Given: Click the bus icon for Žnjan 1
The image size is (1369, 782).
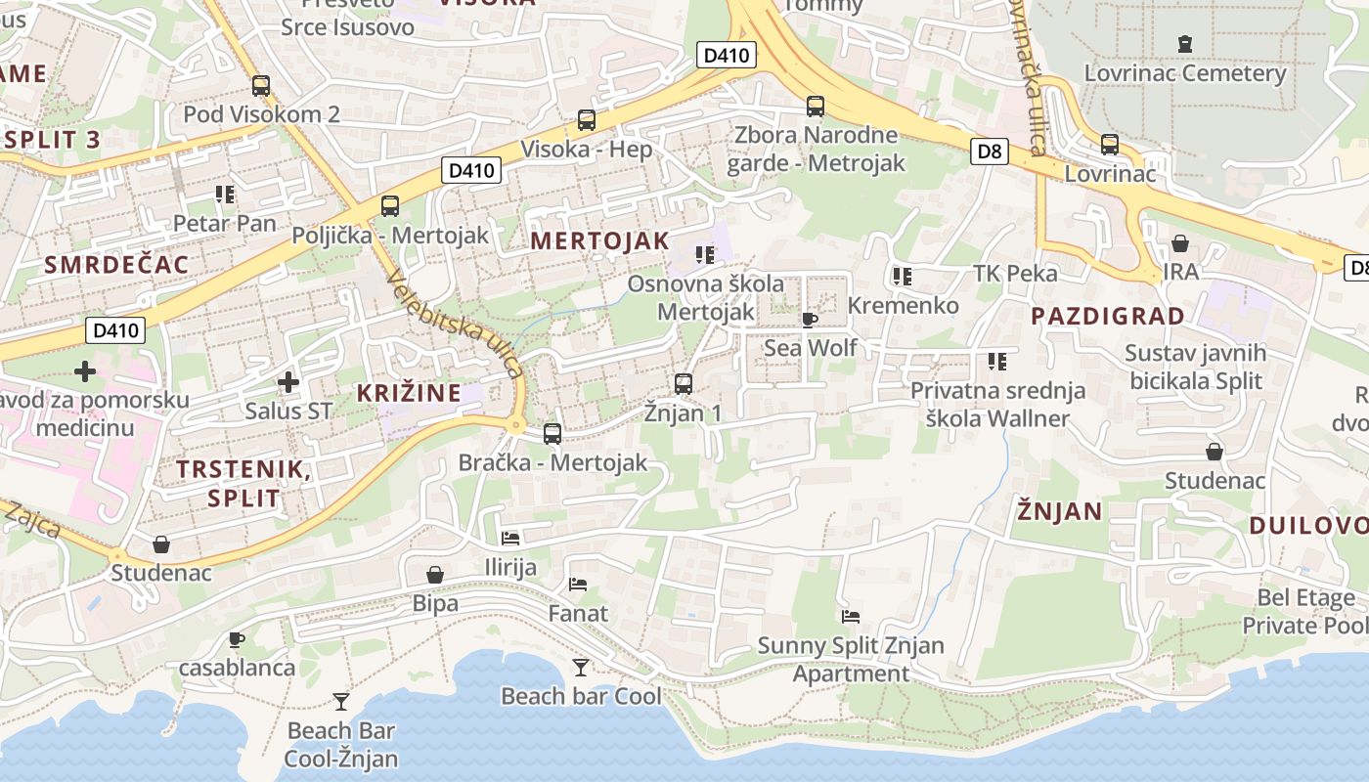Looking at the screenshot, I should (684, 384).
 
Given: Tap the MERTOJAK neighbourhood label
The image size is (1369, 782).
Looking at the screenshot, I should (600, 240).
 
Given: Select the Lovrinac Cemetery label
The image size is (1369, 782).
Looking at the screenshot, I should (1185, 73).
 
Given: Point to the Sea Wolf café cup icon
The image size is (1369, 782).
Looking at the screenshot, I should (809, 320).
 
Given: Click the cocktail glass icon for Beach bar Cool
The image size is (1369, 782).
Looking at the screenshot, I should (581, 668).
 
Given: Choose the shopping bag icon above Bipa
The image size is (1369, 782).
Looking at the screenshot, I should (435, 575).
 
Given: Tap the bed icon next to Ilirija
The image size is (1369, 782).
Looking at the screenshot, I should (510, 538).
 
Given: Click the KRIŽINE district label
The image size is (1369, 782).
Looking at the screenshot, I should (409, 393).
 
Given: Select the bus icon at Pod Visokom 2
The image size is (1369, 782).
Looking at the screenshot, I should (260, 86).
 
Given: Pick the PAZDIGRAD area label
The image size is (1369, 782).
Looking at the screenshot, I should (1108, 316).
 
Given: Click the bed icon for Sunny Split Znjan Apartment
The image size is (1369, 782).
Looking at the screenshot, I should (851, 617).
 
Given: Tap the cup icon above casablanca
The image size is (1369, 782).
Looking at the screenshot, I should (236, 639).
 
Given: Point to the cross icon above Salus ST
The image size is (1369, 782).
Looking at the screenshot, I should (288, 382).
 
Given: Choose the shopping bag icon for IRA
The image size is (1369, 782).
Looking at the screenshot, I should (1180, 243).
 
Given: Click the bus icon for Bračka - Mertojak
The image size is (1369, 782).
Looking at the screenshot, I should (552, 433).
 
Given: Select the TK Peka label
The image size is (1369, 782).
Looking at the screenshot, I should (1015, 273).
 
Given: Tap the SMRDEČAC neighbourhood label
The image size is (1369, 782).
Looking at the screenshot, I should (116, 264).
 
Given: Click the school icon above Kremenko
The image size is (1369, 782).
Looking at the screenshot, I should (902, 277).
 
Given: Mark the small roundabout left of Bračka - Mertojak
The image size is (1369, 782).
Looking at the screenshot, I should (515, 424).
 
